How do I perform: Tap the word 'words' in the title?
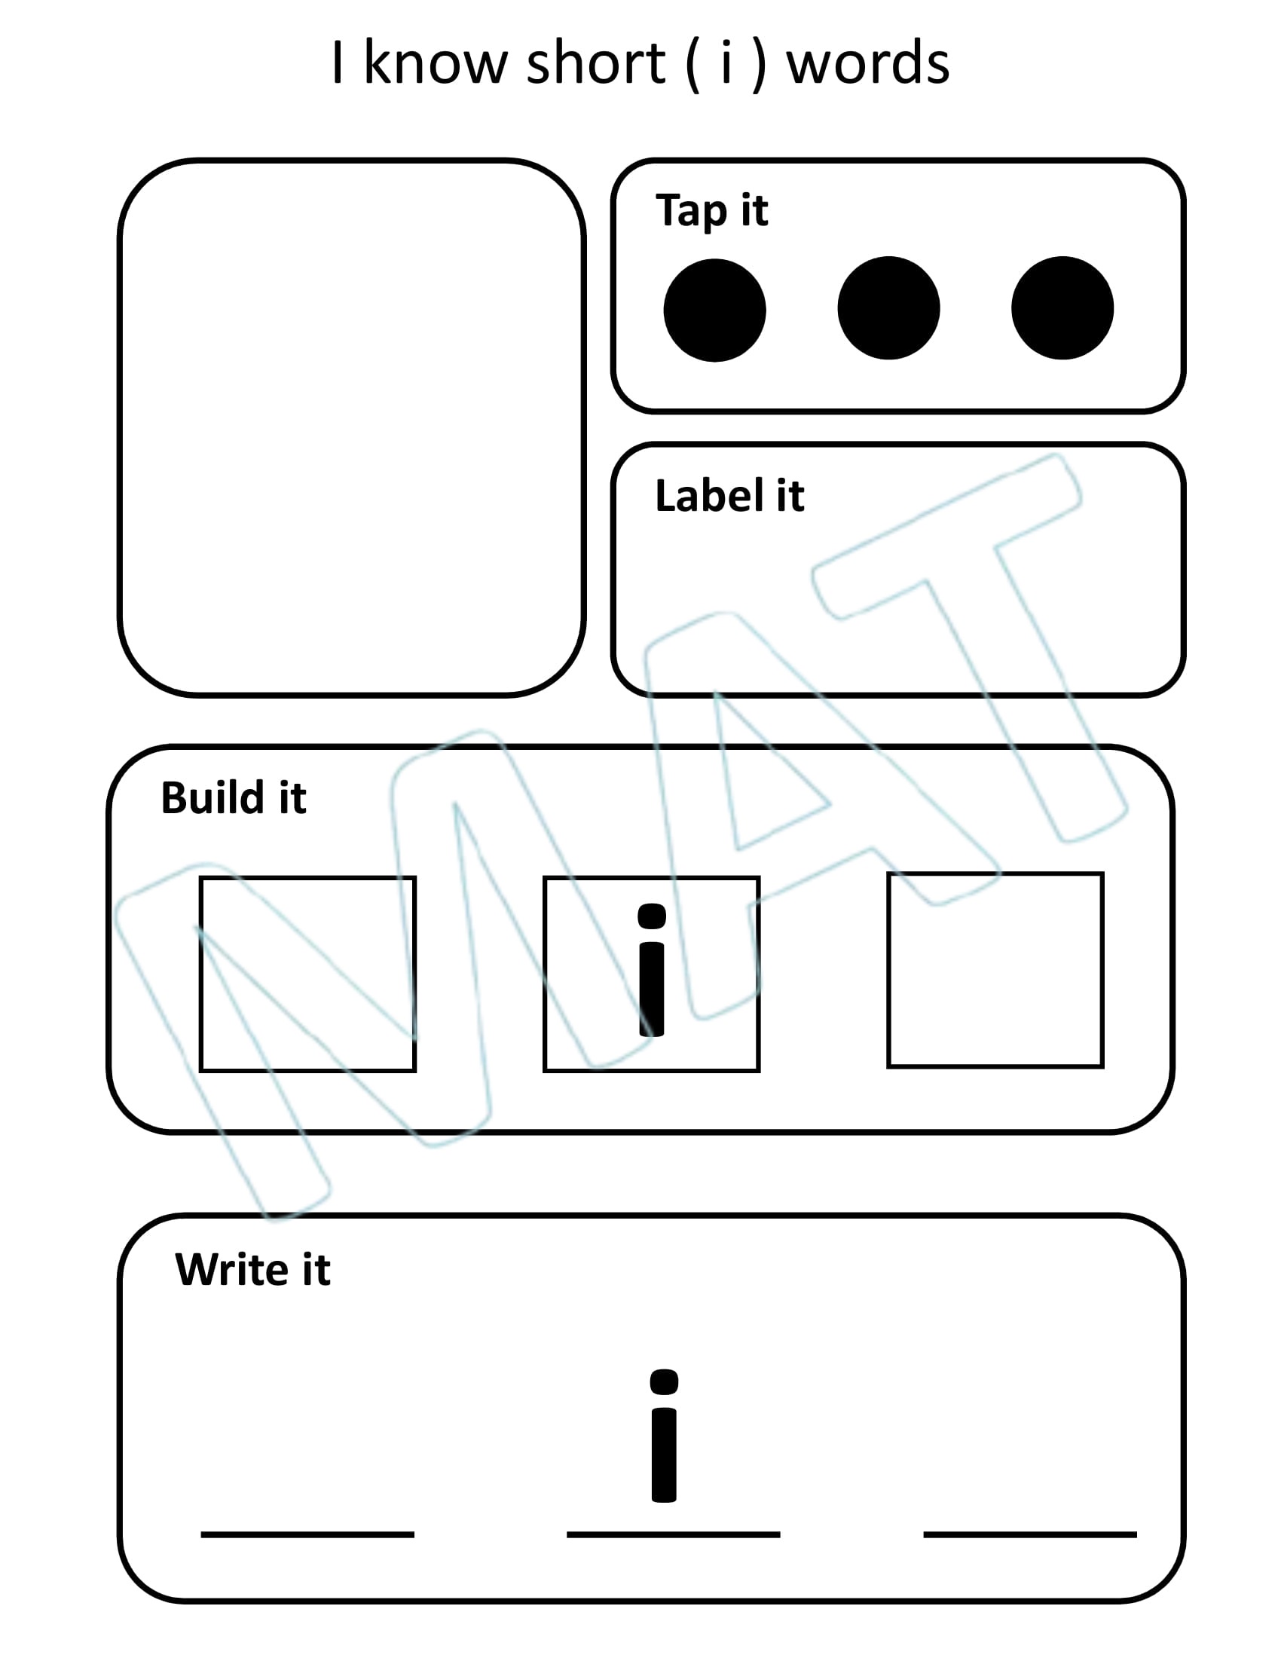tap(867, 64)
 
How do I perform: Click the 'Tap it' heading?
tap(712, 210)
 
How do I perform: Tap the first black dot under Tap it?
tap(714, 310)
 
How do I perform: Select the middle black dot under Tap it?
tap(888, 307)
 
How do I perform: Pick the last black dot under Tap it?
tap(1062, 307)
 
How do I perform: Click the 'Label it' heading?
tap(729, 496)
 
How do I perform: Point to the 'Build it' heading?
tap(233, 798)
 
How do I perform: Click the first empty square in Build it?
tap(307, 974)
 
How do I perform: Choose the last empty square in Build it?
tap(995, 969)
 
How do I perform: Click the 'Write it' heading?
tap(252, 1269)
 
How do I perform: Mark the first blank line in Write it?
tap(307, 1534)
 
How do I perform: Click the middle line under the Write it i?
tap(673, 1534)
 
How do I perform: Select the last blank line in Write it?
tap(1030, 1534)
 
